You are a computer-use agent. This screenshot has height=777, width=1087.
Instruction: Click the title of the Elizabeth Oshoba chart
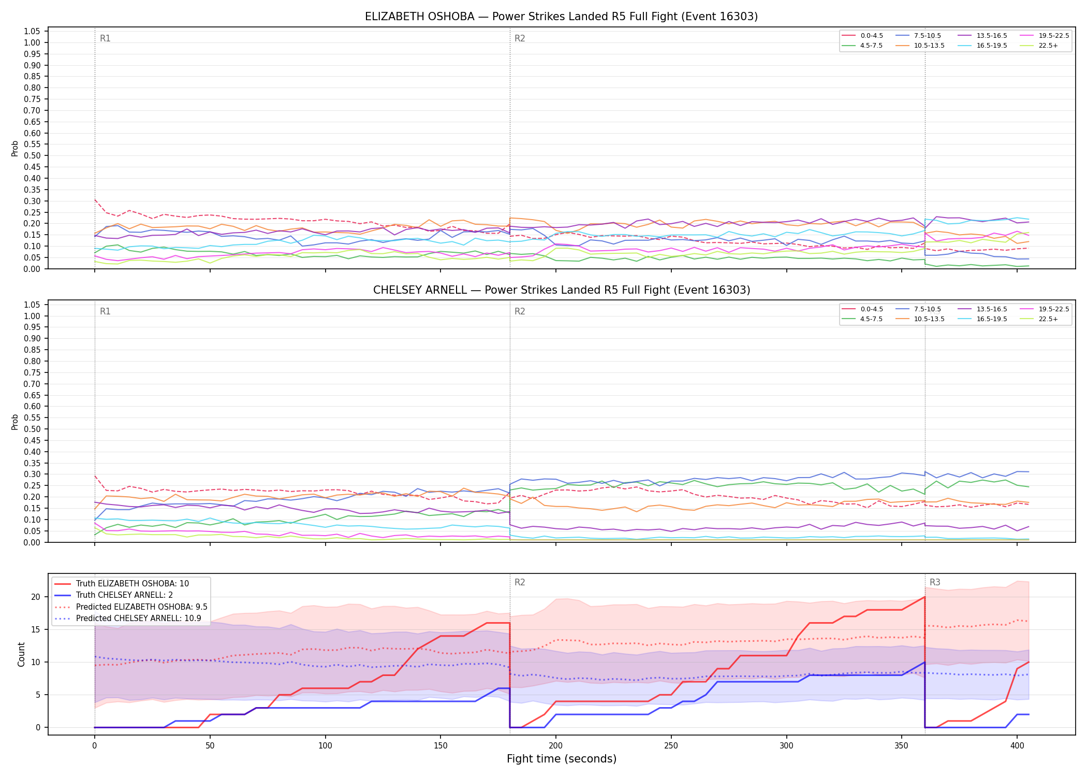click(561, 17)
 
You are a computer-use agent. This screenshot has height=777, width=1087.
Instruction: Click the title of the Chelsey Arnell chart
click(562, 290)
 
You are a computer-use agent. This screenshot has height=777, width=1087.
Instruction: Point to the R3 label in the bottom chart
click(935, 582)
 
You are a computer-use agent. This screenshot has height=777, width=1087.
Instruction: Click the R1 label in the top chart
click(105, 38)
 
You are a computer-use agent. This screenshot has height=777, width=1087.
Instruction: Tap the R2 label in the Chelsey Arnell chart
click(520, 311)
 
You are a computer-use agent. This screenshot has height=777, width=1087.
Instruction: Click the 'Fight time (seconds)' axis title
click(562, 759)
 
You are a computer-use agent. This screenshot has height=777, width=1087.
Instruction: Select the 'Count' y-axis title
click(21, 654)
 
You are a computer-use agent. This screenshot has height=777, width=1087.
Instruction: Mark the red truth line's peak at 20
click(924, 597)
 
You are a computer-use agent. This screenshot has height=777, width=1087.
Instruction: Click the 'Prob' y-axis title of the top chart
click(15, 149)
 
